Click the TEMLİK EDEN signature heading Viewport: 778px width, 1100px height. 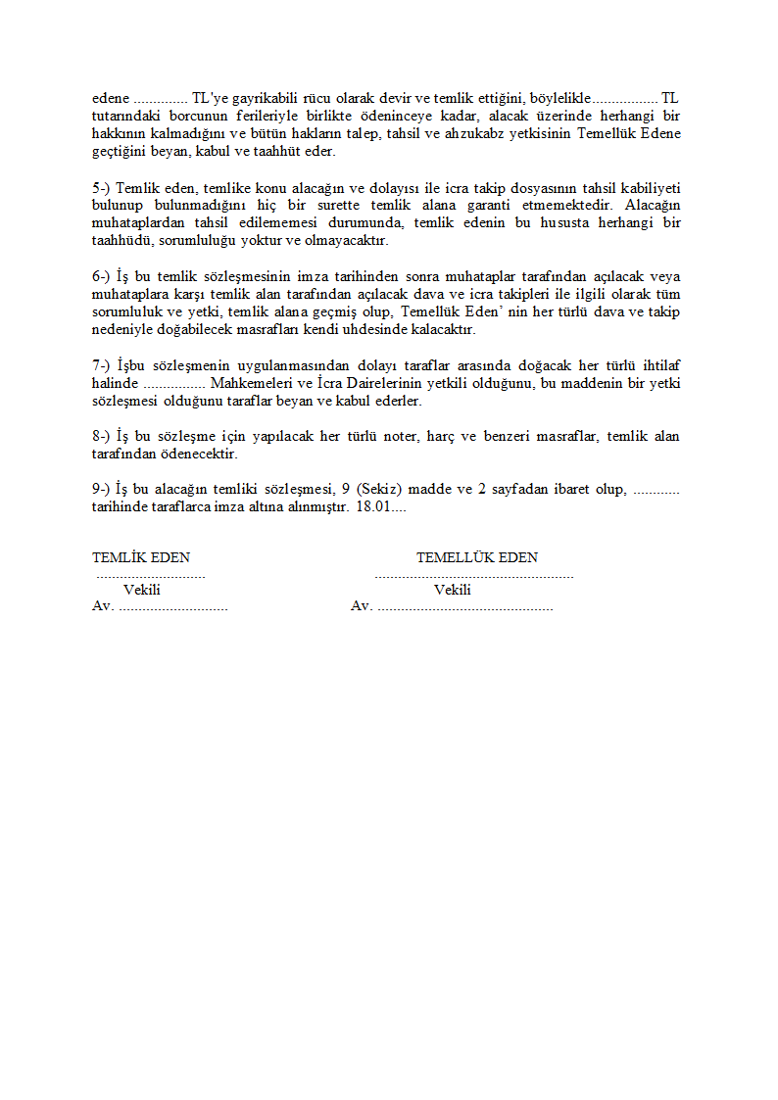(x=141, y=557)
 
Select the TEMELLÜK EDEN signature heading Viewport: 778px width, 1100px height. (x=476, y=557)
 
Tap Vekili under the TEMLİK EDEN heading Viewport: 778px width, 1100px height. (x=142, y=590)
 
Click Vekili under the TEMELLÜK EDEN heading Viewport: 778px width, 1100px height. (x=452, y=590)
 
